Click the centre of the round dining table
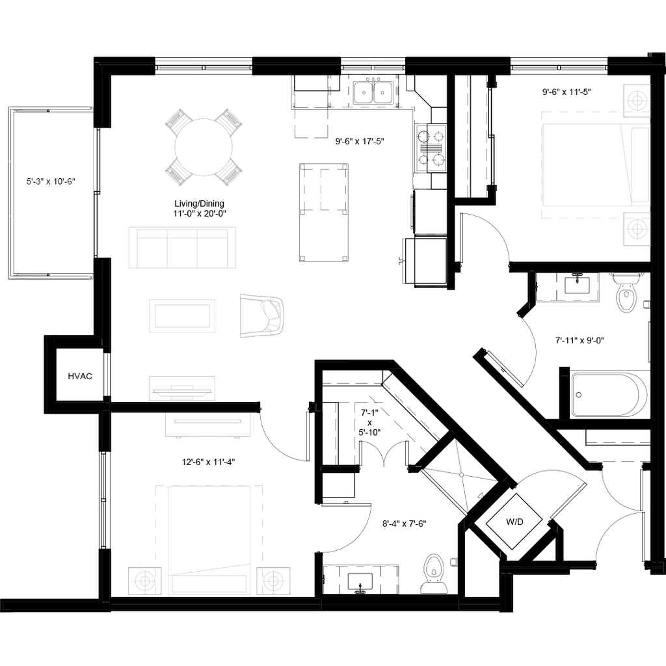(x=203, y=147)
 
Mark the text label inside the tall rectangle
(x=50, y=181)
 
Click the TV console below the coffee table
(x=182, y=388)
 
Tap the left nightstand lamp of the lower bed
(x=143, y=580)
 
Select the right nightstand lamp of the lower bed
(x=273, y=580)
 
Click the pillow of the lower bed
(x=209, y=583)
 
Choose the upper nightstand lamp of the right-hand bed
(x=637, y=101)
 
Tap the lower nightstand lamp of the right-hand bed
(x=637, y=229)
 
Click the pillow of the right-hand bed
(x=641, y=165)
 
